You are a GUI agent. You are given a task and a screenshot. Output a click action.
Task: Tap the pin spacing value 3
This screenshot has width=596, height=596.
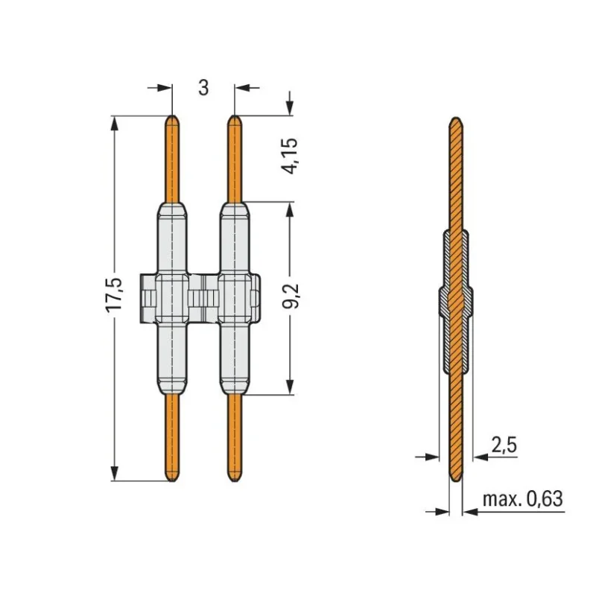(x=203, y=88)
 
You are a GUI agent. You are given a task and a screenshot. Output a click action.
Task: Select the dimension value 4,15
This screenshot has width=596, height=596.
(x=291, y=156)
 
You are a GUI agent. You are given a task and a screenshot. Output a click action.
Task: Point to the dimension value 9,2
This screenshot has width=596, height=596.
(x=291, y=295)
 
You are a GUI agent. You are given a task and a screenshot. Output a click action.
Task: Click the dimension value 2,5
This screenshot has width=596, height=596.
(x=504, y=445)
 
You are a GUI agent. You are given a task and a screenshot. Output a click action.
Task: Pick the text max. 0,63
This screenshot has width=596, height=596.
(x=522, y=498)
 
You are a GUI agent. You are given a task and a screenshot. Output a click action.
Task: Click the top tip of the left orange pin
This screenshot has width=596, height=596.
(x=172, y=115)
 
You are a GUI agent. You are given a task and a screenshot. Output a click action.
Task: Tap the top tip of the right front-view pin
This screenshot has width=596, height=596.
(x=234, y=115)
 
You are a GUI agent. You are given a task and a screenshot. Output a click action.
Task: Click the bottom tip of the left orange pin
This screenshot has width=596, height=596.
(x=172, y=482)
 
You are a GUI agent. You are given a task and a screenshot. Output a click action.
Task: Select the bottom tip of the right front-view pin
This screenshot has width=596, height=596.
(x=234, y=482)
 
